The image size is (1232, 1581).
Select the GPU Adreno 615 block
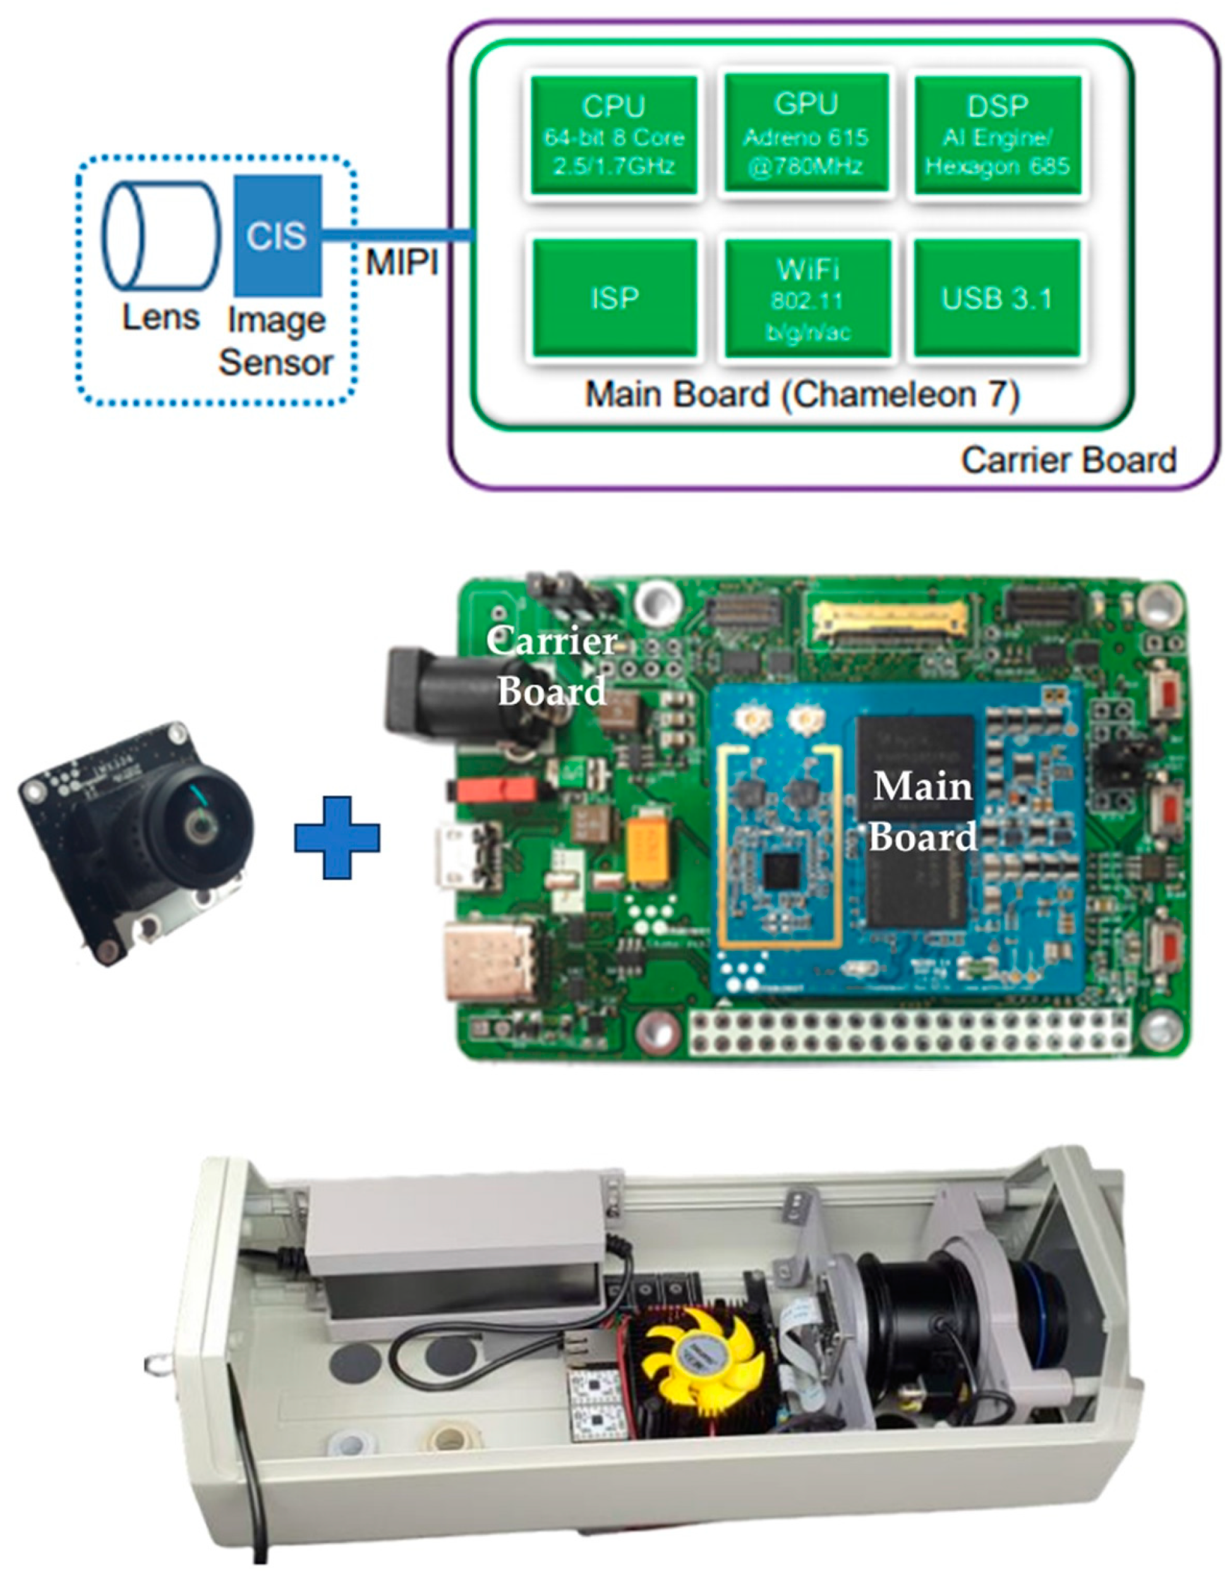coord(806,134)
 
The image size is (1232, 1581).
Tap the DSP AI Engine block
coord(998,135)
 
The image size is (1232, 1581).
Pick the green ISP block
coord(614,298)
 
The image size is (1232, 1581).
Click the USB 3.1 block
coord(997,298)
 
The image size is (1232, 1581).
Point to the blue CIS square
coord(277,234)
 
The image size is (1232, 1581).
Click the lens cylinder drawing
coord(160,234)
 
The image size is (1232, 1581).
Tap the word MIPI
coord(402,262)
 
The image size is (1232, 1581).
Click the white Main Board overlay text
coord(921,811)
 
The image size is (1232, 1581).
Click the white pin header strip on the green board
coord(909,1033)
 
